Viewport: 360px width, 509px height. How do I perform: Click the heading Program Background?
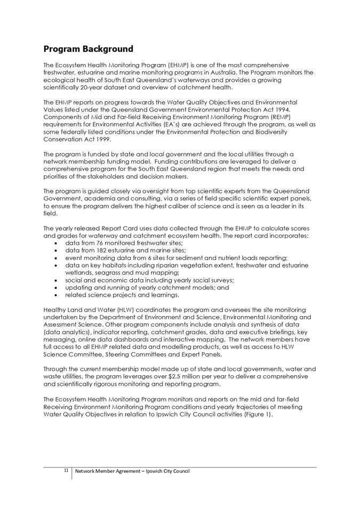[x=88, y=50]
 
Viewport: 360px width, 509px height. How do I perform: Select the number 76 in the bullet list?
[x=101, y=243]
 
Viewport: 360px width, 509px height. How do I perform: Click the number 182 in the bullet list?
[x=103, y=250]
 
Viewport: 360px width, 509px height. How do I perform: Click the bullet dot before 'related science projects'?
[x=57, y=295]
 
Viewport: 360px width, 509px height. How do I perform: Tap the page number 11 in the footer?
[x=66, y=471]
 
